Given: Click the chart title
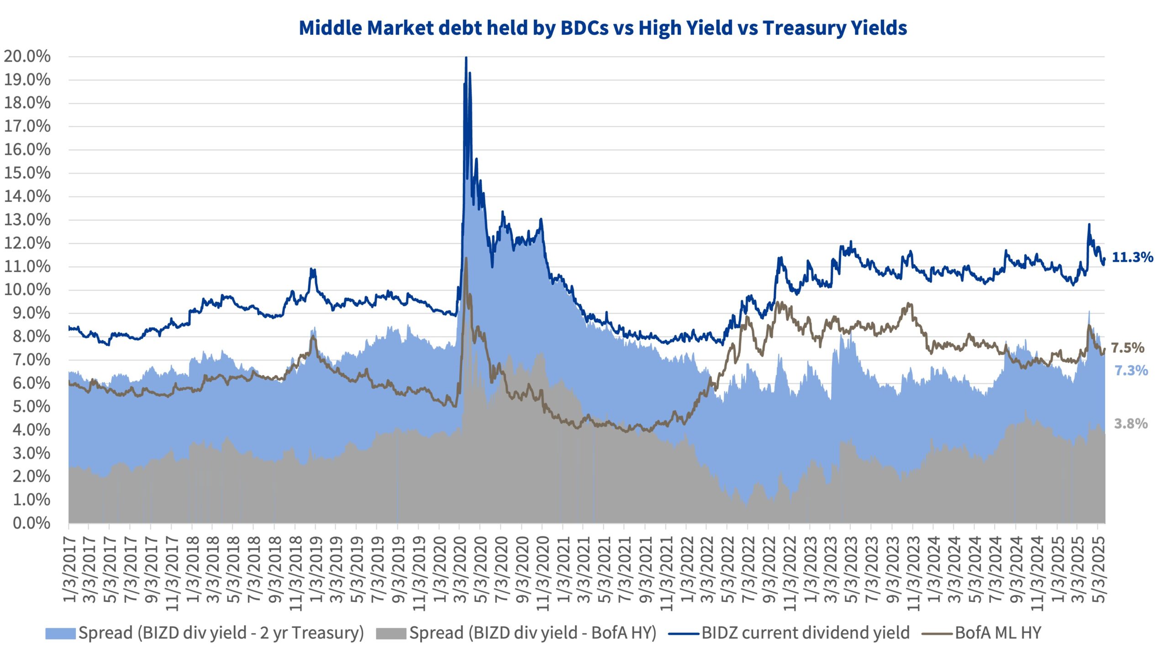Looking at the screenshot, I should coord(603,28).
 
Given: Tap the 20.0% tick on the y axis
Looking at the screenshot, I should coord(27,57).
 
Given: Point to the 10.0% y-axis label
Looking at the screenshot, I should coord(27,289).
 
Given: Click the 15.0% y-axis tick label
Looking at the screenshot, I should coord(27,173).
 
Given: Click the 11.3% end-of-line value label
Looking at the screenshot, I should coord(1132,258).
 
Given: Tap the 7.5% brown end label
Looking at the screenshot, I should coord(1127,348).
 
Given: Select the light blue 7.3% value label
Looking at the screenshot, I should coord(1131,370).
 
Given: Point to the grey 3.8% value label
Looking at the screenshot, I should coord(1131,424).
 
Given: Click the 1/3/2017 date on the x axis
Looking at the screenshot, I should coord(70,568).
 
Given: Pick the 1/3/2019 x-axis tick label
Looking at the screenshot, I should coord(316,568).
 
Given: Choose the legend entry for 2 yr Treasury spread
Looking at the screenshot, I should coord(205,633).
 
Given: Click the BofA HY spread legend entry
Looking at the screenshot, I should coord(516,633).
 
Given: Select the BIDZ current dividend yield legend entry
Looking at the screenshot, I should coord(789,633).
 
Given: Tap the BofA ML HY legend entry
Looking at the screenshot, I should coord(982,633).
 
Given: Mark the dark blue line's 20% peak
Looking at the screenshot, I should coord(466,58).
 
